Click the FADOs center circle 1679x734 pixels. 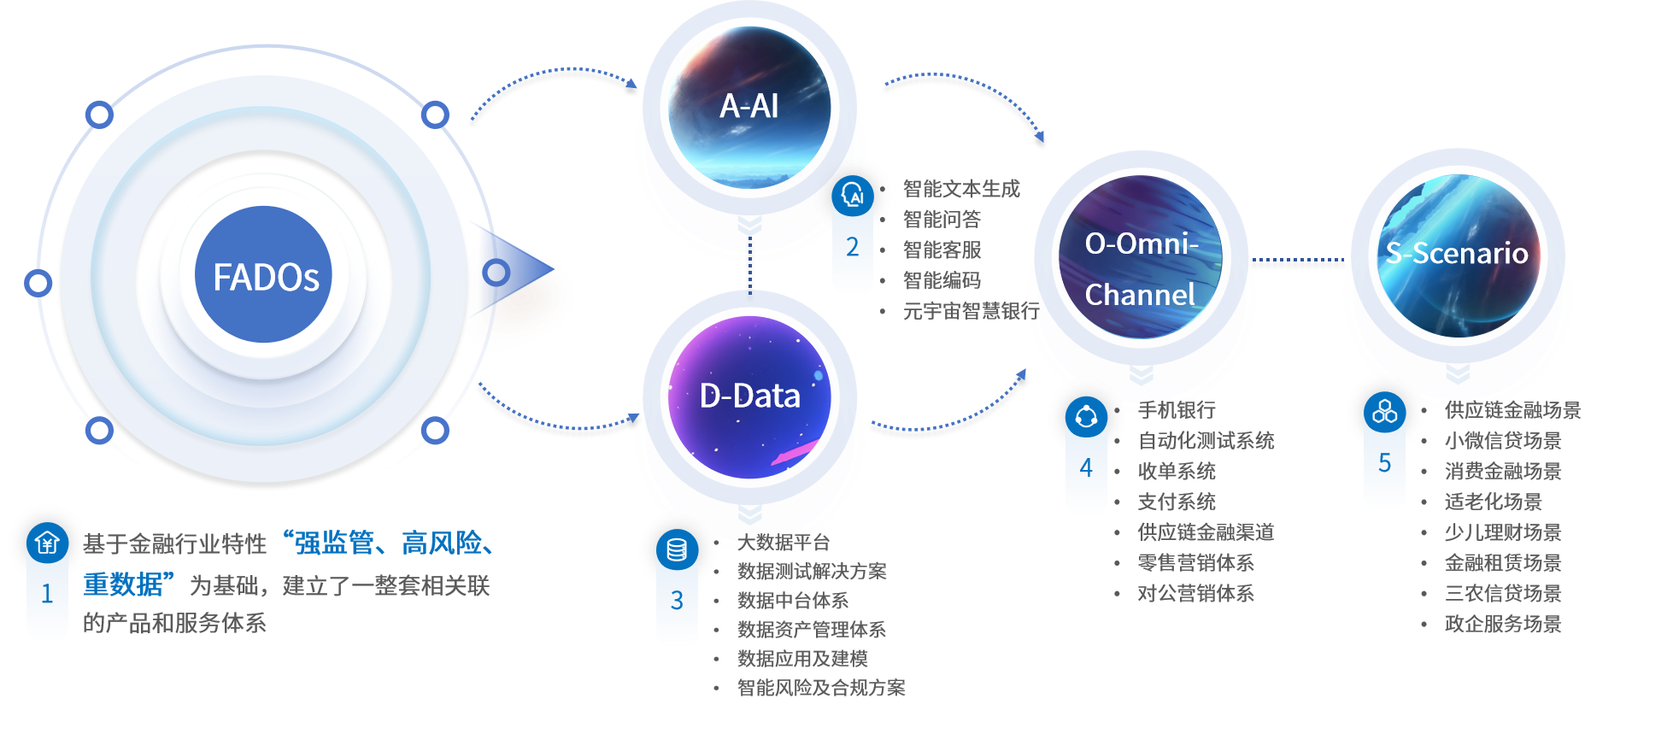click(x=264, y=275)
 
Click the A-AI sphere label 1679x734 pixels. click(x=749, y=107)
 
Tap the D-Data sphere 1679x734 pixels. click(x=749, y=396)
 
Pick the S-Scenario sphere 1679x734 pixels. click(x=1458, y=253)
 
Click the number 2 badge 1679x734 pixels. click(x=852, y=248)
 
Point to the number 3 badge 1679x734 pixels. click(x=677, y=601)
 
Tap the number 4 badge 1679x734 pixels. click(x=1086, y=468)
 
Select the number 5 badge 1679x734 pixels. click(x=1384, y=463)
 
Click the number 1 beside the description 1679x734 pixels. click(x=47, y=594)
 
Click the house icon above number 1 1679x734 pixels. click(x=47, y=543)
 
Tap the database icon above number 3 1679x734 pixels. click(x=677, y=549)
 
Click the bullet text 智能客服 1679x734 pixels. click(x=942, y=250)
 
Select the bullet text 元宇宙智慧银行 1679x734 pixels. click(x=971, y=311)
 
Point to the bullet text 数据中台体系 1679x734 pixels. click(x=793, y=601)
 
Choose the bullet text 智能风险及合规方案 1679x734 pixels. click(x=821, y=688)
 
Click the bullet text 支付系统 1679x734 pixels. click(x=1177, y=502)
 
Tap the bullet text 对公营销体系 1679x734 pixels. click(x=1195, y=594)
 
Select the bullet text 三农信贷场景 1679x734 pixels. click(x=1503, y=594)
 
